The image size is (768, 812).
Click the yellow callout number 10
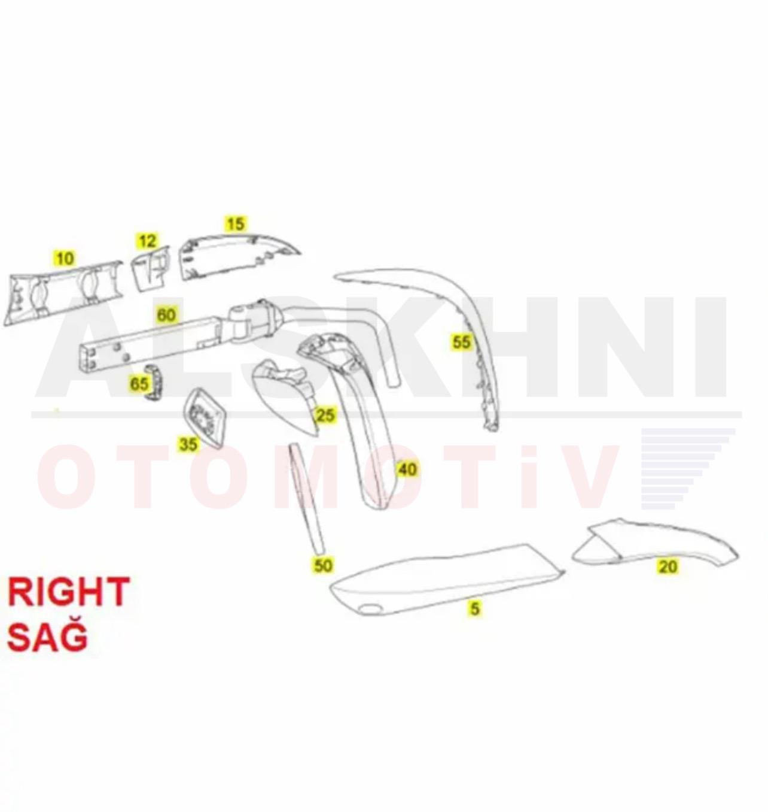click(x=65, y=258)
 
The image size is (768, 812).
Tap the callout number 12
click(x=147, y=240)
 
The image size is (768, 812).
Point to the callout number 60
click(x=166, y=315)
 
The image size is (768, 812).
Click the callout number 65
click(x=139, y=384)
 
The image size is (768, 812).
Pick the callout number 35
click(x=188, y=444)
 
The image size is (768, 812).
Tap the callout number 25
click(x=325, y=414)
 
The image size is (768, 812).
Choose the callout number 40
click(x=407, y=469)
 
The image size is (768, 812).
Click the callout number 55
click(x=461, y=342)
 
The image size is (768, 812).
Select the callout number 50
click(x=323, y=565)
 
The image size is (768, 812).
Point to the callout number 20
click(x=668, y=566)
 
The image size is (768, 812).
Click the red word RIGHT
click(x=69, y=592)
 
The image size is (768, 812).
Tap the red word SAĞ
click(x=47, y=637)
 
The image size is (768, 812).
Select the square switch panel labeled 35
click(x=204, y=417)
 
